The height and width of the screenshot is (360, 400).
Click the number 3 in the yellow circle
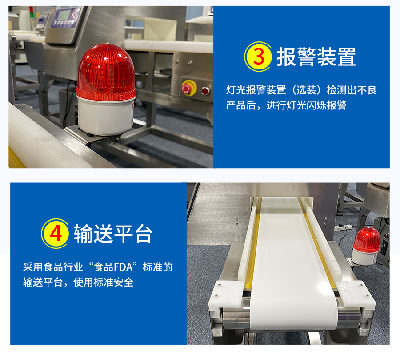click(259, 57)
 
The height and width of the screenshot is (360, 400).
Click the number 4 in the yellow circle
click(56, 233)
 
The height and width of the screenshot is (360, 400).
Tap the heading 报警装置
click(316, 57)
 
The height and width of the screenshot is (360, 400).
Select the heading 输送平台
click(113, 234)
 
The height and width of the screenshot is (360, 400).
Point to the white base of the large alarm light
click(105, 116)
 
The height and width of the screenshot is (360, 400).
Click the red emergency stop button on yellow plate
click(187, 89)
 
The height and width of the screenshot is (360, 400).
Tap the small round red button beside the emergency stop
click(205, 91)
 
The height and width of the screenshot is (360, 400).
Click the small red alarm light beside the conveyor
click(366, 246)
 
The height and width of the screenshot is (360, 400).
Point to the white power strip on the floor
click(343, 227)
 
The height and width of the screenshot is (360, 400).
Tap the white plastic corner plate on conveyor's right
click(355, 293)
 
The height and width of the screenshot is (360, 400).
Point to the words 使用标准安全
click(103, 282)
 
